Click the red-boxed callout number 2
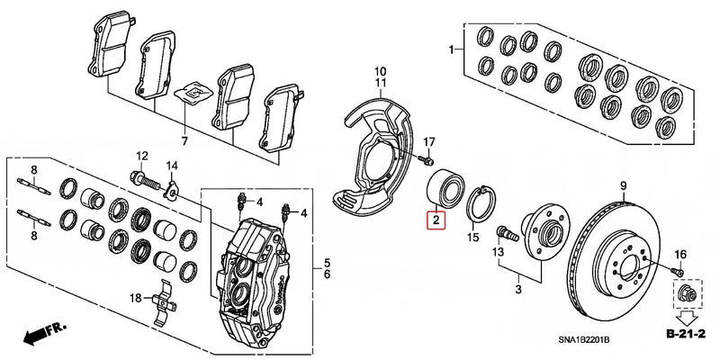(435, 219)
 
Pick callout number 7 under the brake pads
(184, 141)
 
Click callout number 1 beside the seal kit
(453, 51)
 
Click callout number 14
(172, 166)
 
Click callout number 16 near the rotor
(680, 256)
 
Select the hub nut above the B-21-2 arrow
(681, 295)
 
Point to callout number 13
(498, 253)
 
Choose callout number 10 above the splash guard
(380, 70)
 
